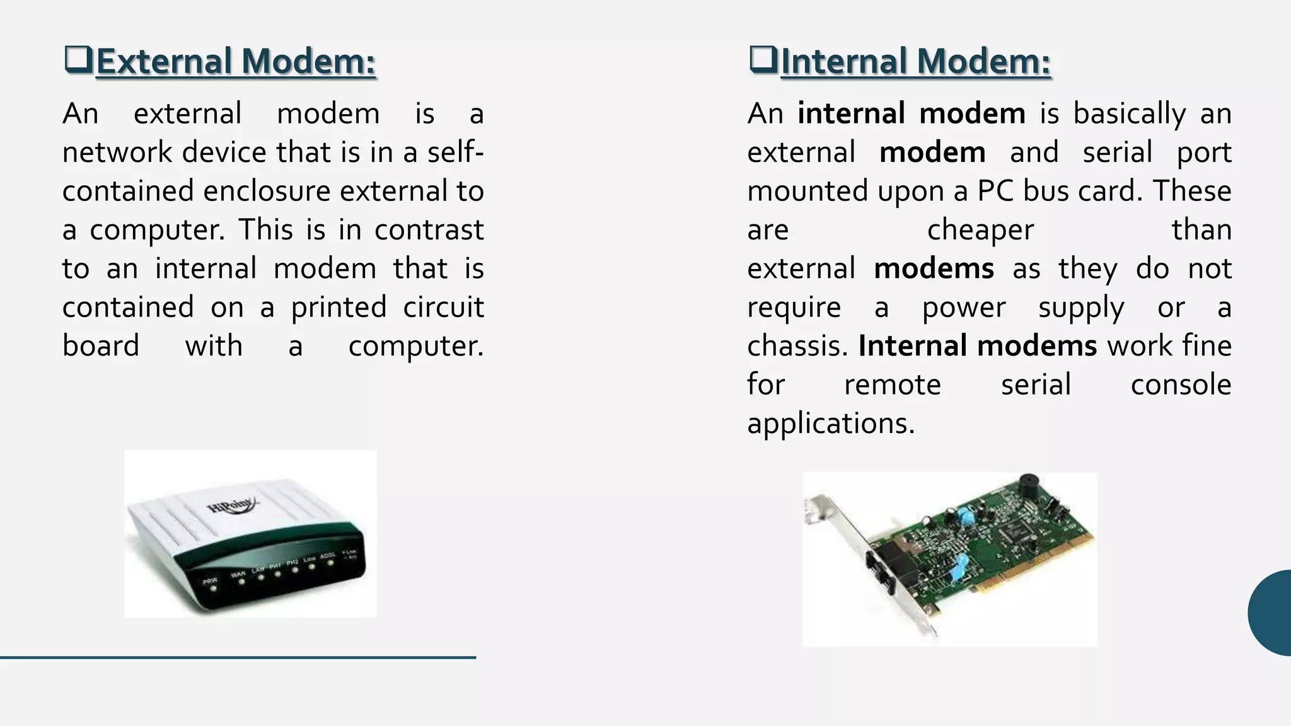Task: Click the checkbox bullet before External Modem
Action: click(x=78, y=60)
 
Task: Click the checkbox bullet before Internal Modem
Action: click(x=763, y=60)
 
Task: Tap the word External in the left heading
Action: click(x=165, y=62)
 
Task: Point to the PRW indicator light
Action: click(x=214, y=589)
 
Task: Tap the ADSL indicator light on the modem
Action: click(x=330, y=563)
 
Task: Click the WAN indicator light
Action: click(x=241, y=582)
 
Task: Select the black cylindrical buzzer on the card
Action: click(x=1029, y=487)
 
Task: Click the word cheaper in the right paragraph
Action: click(x=980, y=230)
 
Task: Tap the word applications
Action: click(x=830, y=423)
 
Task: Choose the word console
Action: click(x=1181, y=384)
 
